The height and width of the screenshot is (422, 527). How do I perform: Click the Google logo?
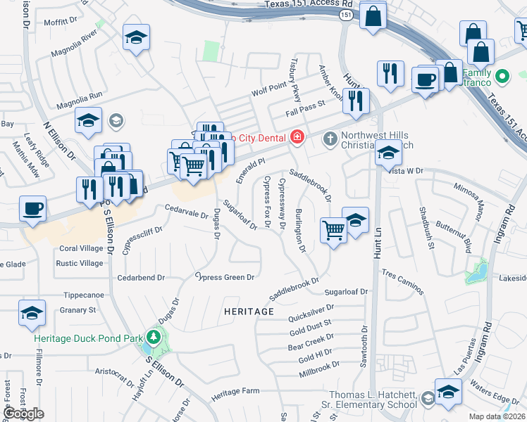click(24, 414)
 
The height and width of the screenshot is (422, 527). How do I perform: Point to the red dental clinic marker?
click(297, 136)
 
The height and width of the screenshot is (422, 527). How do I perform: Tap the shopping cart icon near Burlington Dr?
click(333, 229)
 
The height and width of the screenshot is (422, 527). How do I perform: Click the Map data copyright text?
click(497, 416)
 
